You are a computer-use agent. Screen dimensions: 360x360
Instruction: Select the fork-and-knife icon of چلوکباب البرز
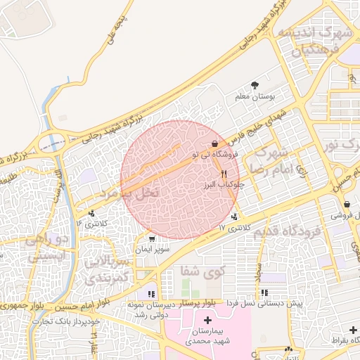(224, 174)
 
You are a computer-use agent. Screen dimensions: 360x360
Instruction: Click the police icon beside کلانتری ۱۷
(234, 216)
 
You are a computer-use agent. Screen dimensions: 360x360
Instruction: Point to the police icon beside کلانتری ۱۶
(91, 213)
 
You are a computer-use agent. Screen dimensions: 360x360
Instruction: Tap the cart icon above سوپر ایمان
(152, 239)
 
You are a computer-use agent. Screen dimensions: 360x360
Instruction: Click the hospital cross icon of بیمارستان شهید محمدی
(206, 320)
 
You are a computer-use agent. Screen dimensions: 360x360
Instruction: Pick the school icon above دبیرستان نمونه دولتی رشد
(151, 293)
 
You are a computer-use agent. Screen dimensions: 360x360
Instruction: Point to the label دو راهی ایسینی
(47, 249)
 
